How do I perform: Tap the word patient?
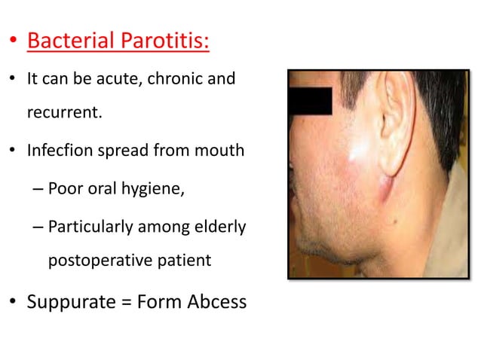coord(184,261)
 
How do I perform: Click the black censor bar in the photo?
coord(310,101)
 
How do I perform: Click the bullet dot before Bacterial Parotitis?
coord(14,41)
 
